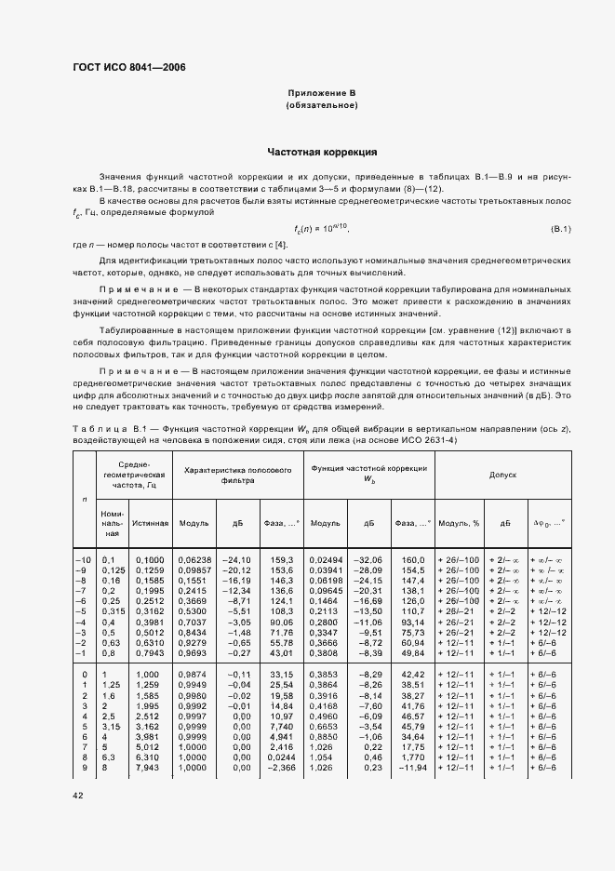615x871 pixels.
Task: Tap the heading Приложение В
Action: (321, 95)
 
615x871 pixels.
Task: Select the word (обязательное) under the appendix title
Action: (321, 106)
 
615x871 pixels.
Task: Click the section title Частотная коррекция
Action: (321, 151)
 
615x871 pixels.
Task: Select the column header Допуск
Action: (502, 475)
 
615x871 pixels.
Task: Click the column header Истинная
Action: (150, 523)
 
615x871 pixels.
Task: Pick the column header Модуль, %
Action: (458, 523)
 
